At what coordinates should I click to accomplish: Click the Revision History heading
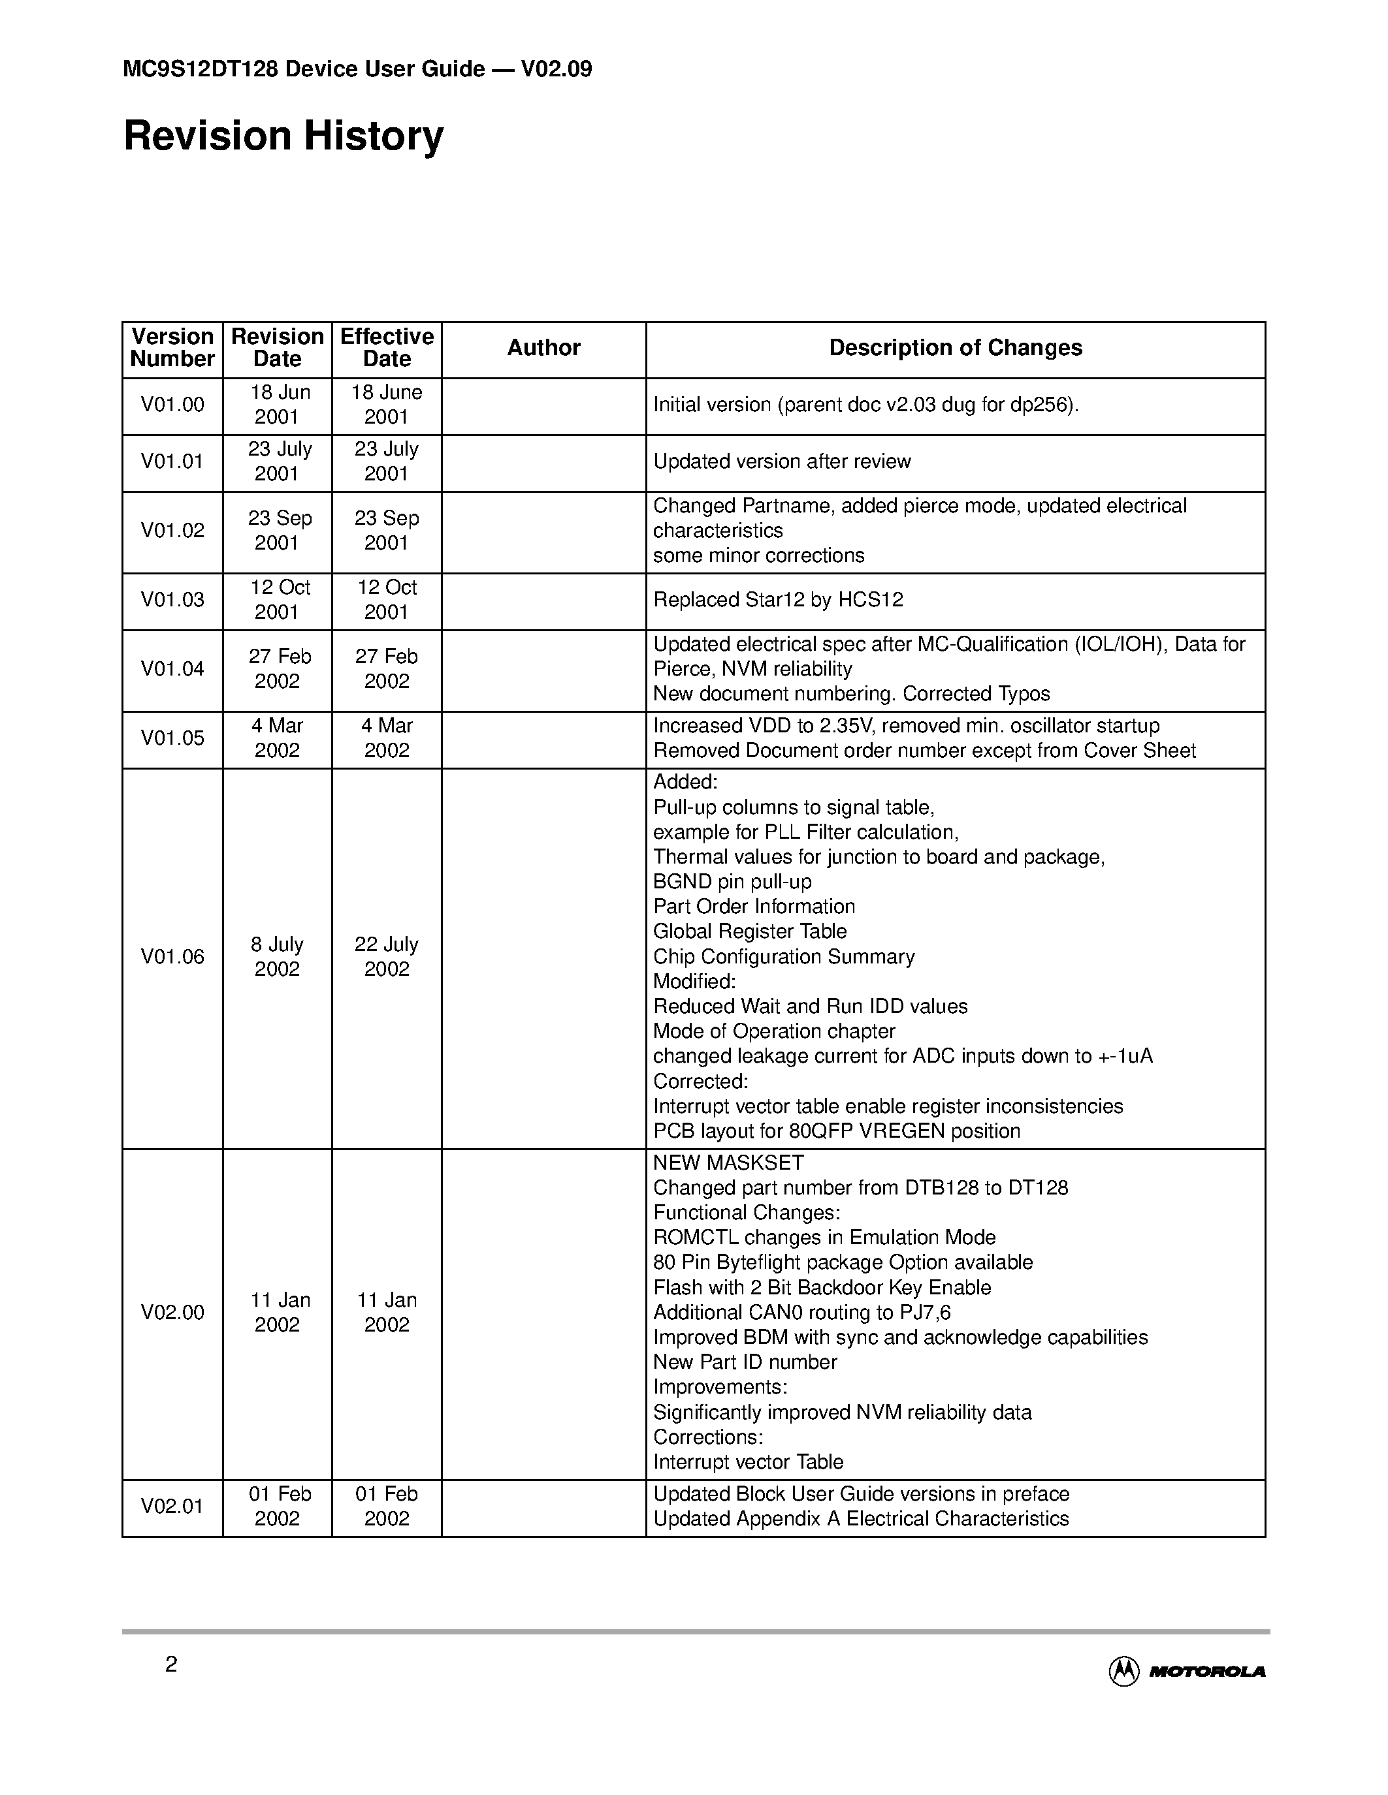click(x=283, y=136)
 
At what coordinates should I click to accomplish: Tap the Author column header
click(x=543, y=348)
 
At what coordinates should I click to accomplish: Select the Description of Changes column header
click(x=955, y=348)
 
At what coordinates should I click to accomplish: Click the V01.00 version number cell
click(x=172, y=405)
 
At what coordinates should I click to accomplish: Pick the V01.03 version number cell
click(x=172, y=599)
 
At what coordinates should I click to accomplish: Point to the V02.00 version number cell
click(x=172, y=1312)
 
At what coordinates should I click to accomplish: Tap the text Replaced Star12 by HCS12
click(x=778, y=599)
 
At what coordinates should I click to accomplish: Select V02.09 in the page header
click(x=556, y=69)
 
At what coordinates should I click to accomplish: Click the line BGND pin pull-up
click(x=732, y=881)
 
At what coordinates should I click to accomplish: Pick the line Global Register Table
click(x=749, y=931)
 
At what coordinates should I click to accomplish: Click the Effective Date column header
click(x=387, y=348)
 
